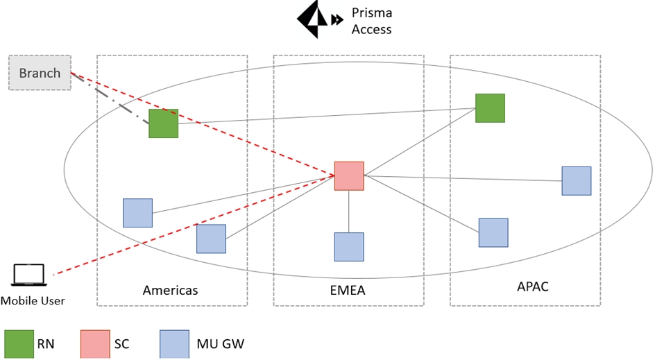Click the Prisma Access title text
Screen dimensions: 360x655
pyautogui.click(x=371, y=22)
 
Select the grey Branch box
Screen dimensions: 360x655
pyautogui.click(x=40, y=73)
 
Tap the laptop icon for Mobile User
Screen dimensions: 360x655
pyautogui.click(x=28, y=276)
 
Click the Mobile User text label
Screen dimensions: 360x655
pyautogui.click(x=33, y=301)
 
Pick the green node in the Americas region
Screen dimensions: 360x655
pyautogui.click(x=164, y=123)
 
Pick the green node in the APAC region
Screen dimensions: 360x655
pyautogui.click(x=490, y=108)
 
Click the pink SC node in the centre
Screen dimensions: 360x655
pyautogui.click(x=349, y=176)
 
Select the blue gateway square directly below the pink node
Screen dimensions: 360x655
pyautogui.click(x=349, y=246)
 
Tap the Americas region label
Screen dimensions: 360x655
pyautogui.click(x=170, y=290)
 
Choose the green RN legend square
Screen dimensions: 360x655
pyautogui.click(x=19, y=343)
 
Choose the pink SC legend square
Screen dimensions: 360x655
pyautogui.click(x=96, y=343)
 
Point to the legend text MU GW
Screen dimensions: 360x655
pyautogui.click(x=220, y=343)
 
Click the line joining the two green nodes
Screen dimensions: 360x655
pyautogui.click(x=326, y=115)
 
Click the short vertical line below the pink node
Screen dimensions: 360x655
pyautogui.click(x=349, y=211)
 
